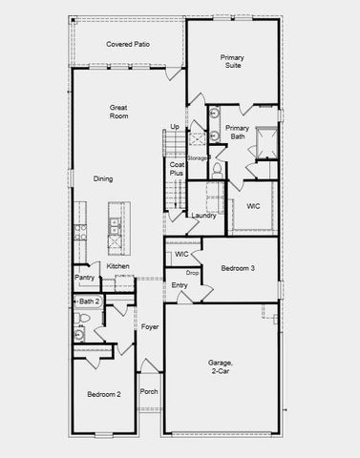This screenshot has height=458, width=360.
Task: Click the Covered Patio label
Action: point(129,44)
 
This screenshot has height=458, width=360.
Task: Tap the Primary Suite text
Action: point(232,63)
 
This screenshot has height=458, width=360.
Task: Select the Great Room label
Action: point(119,113)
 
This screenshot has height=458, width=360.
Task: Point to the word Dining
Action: point(104,178)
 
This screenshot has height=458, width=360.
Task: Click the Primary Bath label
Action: point(238,133)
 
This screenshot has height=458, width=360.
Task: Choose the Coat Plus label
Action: point(177,169)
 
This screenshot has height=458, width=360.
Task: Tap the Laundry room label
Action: point(203,216)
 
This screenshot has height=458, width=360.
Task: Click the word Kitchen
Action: point(131,266)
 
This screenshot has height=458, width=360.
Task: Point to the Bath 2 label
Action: point(90,302)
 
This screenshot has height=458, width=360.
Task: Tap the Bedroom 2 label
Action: point(103,394)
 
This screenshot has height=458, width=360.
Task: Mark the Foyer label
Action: point(150,326)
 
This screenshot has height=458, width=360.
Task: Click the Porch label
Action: point(149,391)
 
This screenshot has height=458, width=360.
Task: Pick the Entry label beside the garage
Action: point(180,285)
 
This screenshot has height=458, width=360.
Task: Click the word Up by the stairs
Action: point(175,127)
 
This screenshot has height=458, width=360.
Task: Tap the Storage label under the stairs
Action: point(198,157)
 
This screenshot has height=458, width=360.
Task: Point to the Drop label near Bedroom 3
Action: point(192,273)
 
